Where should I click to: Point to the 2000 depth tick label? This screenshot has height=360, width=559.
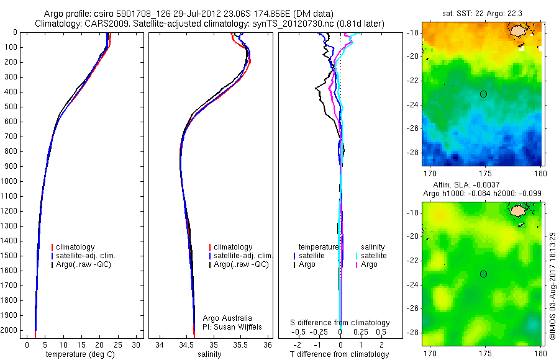coord(9,330)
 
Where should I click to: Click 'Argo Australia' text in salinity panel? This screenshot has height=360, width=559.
coord(228,318)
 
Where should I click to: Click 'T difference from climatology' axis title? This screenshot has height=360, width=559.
coord(340,354)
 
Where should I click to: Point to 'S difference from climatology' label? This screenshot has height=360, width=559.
coord(340,323)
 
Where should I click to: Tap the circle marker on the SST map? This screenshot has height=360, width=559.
coord(483,94)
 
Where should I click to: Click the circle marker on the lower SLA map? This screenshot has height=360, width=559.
coord(483,274)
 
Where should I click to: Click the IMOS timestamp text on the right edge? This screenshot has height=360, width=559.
coord(553,276)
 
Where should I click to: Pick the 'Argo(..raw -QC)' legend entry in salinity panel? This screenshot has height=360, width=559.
coord(241,264)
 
